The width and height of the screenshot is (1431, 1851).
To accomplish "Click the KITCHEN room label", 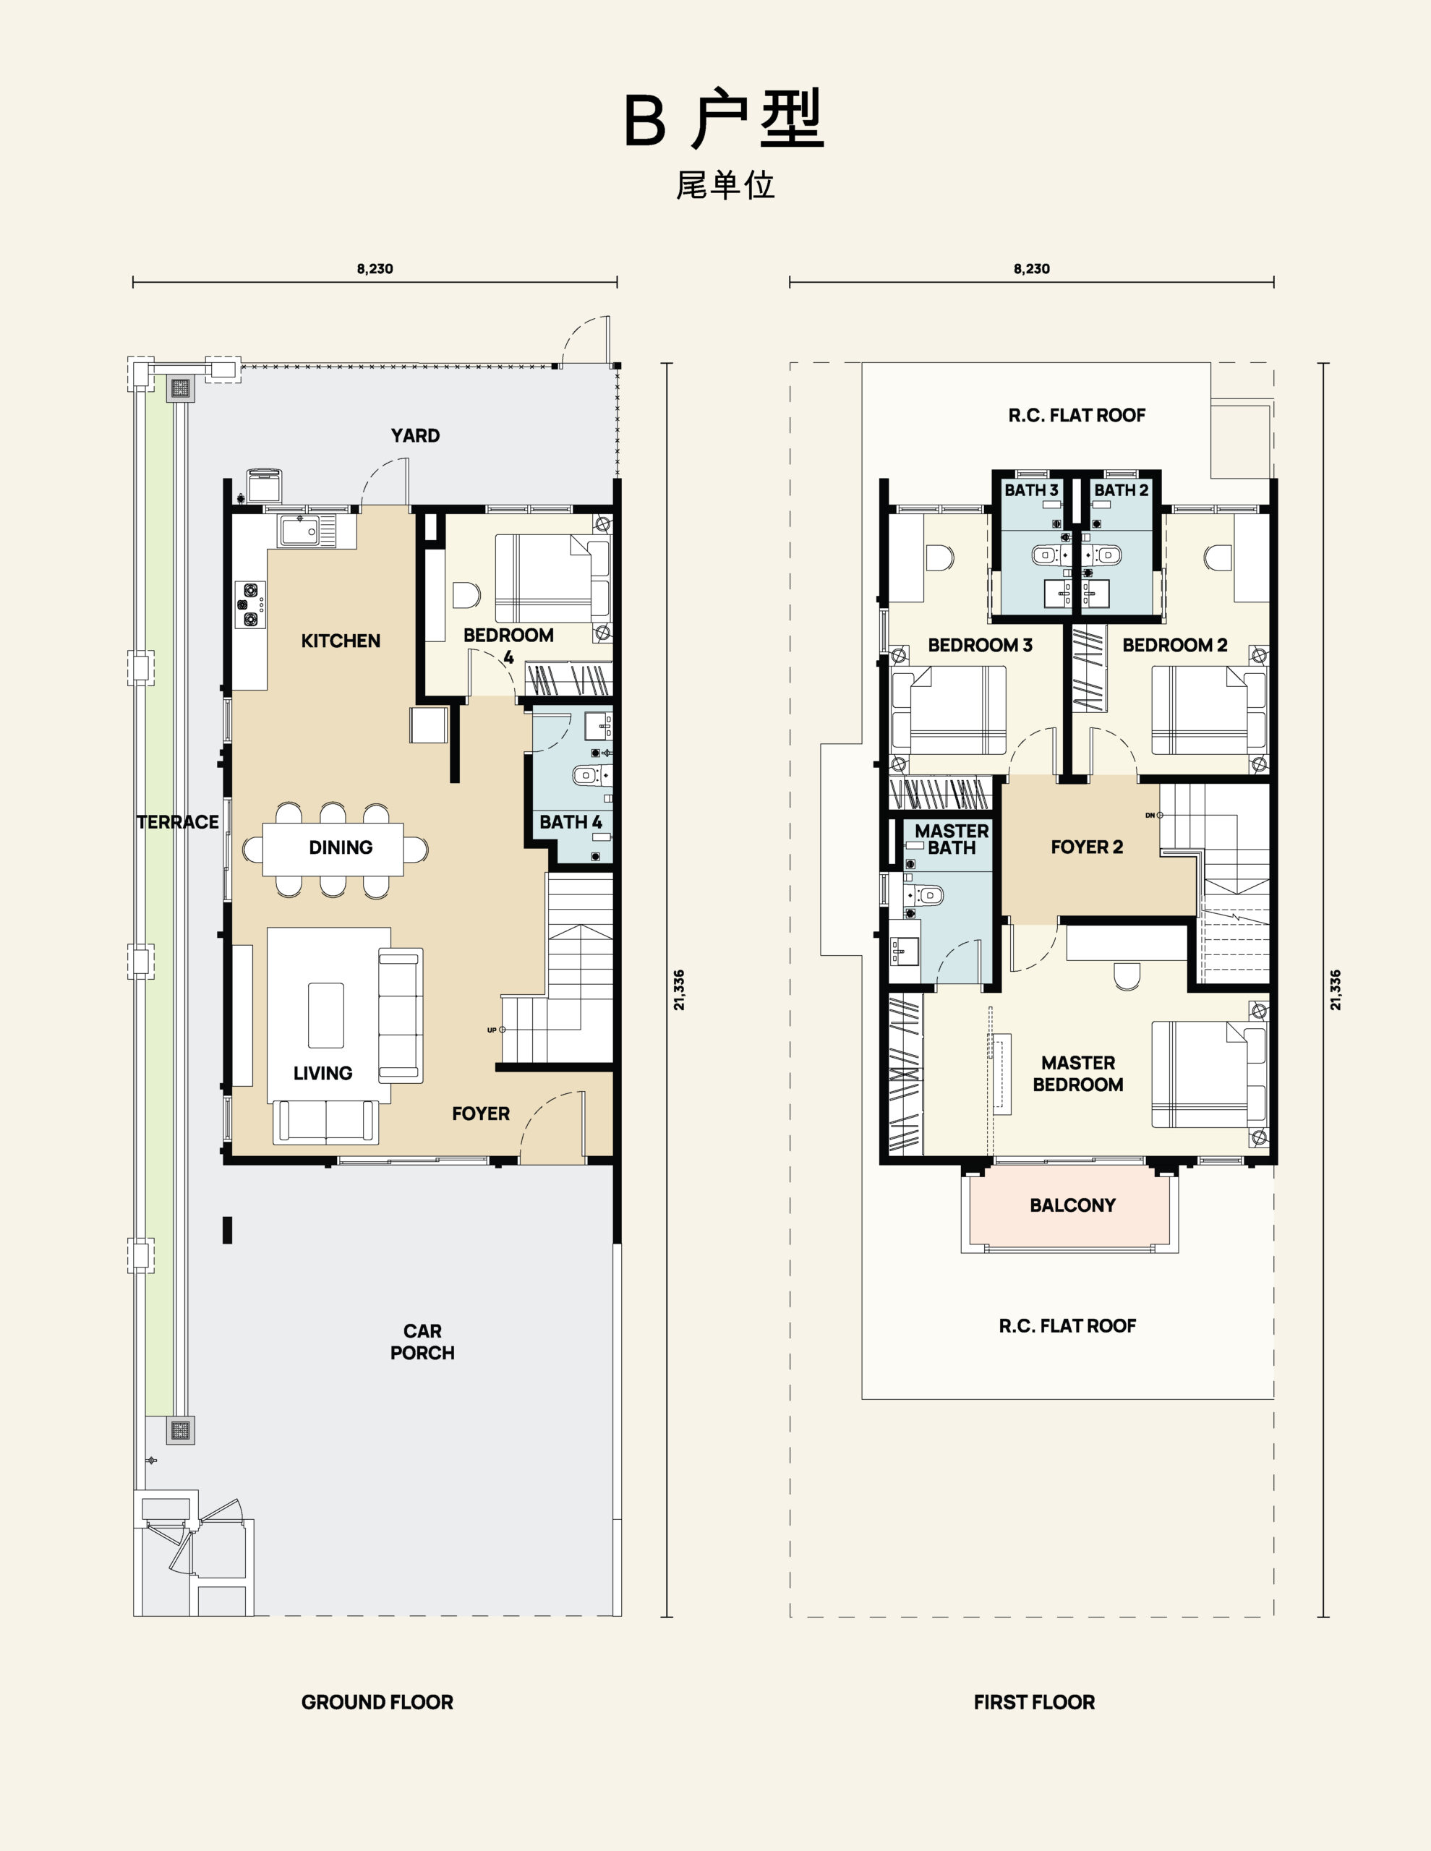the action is click(x=341, y=641).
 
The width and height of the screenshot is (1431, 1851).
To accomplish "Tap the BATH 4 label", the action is click(x=571, y=822).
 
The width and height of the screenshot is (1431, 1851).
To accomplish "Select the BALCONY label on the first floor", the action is click(x=1072, y=1205).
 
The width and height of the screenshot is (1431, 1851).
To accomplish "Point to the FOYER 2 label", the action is click(x=1087, y=847).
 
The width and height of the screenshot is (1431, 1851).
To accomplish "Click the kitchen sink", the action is click(x=301, y=531).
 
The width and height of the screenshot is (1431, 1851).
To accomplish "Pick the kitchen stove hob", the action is click(x=250, y=604).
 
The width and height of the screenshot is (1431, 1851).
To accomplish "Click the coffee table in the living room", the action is click(x=325, y=1015).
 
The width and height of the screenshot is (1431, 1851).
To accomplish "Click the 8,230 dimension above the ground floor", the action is click(x=375, y=269).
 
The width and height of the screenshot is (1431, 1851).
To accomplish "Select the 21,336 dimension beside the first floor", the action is click(x=1336, y=990).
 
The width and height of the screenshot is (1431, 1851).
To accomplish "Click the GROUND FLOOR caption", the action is click(x=377, y=1702).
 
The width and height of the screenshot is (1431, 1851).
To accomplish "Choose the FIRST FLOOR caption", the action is click(x=1034, y=1702).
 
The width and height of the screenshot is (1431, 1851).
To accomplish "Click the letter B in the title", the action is click(x=645, y=120).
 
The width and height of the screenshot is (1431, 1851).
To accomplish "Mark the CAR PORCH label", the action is click(x=422, y=1342).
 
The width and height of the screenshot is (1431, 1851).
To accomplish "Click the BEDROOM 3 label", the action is click(x=980, y=645).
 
